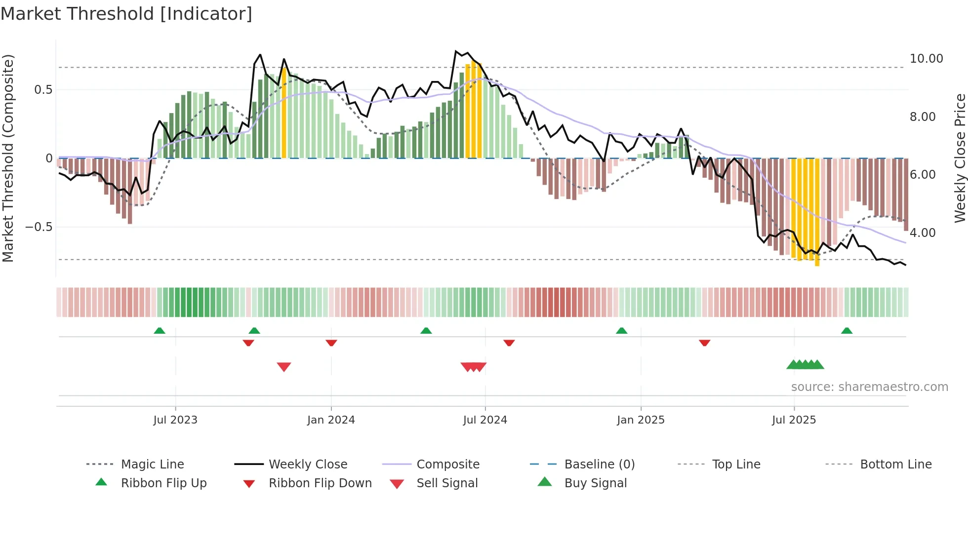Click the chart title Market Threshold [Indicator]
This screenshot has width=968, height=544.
pyautogui.click(x=126, y=14)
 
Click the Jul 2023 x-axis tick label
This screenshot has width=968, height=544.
pyautogui.click(x=175, y=420)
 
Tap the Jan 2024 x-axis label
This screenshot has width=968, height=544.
pyautogui.click(x=331, y=420)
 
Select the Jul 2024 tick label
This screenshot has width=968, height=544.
pyautogui.click(x=485, y=420)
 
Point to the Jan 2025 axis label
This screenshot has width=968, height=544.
pyautogui.click(x=641, y=420)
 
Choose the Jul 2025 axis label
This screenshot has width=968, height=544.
pyautogui.click(x=794, y=420)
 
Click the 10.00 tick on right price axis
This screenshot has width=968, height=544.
pyautogui.click(x=926, y=59)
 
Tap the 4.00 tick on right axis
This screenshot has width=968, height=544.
pyautogui.click(x=922, y=233)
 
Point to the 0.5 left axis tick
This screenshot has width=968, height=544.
pyautogui.click(x=43, y=90)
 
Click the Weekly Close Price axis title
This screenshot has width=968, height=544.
pyautogui.click(x=960, y=158)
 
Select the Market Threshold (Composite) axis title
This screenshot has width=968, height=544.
pyautogui.click(x=8, y=158)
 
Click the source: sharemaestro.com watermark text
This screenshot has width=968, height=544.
pyautogui.click(x=869, y=387)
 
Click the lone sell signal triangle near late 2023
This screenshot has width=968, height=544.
pyautogui.click(x=284, y=366)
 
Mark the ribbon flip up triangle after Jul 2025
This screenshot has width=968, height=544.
pyautogui.click(x=847, y=331)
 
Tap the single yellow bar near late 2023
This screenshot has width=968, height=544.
pyautogui.click(x=284, y=114)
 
